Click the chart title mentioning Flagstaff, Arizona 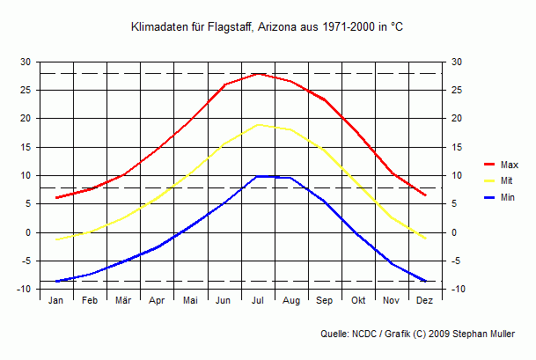267,28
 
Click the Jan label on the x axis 56,300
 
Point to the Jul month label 258,300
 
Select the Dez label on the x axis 425,300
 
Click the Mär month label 123,300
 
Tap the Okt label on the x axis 358,300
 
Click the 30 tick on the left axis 26,62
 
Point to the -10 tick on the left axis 24,290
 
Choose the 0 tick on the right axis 455,232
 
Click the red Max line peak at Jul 258,73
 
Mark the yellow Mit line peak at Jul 258,124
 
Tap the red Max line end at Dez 425,195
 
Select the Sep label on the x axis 325,300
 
